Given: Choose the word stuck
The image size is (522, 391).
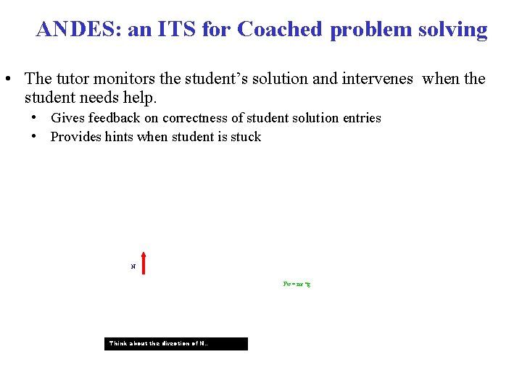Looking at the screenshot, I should pyautogui.click(x=245, y=137).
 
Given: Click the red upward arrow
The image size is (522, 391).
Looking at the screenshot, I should pyautogui.click(x=144, y=263).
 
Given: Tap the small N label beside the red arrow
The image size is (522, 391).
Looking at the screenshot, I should pyautogui.click(x=133, y=267).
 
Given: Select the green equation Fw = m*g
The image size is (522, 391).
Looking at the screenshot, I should pyautogui.click(x=297, y=284).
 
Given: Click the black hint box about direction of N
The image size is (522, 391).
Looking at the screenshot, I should pyautogui.click(x=176, y=344).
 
